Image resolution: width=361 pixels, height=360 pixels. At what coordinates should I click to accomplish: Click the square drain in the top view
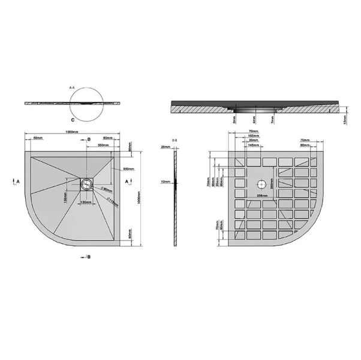(88, 182)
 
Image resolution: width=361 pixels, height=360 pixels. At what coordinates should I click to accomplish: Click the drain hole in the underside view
(261, 184)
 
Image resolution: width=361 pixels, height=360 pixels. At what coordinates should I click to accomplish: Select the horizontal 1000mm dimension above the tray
(73, 132)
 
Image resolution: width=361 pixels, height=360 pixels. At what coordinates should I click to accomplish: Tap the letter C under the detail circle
(71, 120)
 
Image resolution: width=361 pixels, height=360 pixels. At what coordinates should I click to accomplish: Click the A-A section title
(73, 88)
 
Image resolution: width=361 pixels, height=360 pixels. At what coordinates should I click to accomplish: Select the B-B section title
(175, 139)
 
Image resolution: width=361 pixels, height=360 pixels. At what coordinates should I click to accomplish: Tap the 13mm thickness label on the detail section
(342, 121)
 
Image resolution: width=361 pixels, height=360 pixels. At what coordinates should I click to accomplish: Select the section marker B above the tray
(89, 139)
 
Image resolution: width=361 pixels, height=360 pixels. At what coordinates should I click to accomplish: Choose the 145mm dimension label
(252, 145)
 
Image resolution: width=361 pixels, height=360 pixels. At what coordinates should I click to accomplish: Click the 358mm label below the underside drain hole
(261, 196)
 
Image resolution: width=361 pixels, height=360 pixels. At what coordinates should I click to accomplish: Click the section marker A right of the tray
(126, 180)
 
